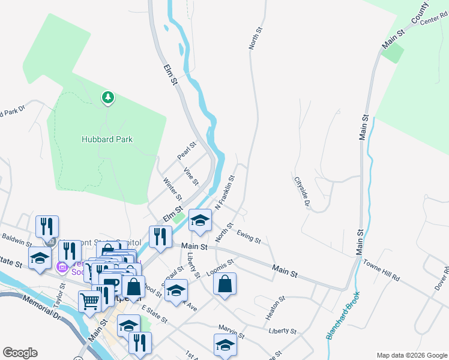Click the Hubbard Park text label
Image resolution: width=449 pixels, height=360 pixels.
(x=107, y=139)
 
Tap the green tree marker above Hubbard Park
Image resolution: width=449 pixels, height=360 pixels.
(x=108, y=97)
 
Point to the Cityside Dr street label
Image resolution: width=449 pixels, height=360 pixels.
(x=301, y=192)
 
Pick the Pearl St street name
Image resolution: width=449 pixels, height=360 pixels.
(x=187, y=151)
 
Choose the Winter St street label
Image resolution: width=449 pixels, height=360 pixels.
(x=172, y=189)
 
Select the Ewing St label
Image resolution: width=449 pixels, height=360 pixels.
(x=249, y=238)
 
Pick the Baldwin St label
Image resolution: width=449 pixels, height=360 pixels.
(x=16, y=241)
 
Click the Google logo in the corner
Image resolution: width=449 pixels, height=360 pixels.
(x=20, y=353)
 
